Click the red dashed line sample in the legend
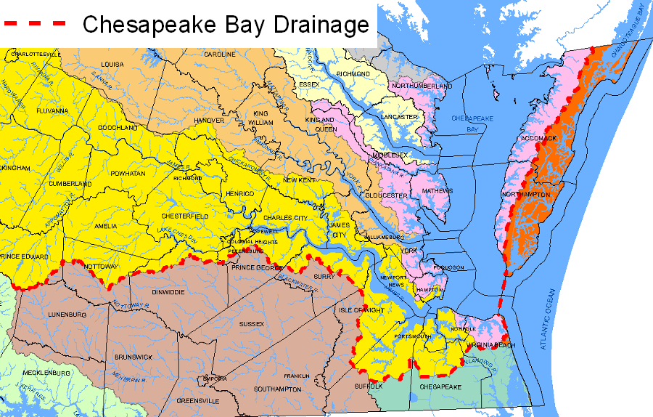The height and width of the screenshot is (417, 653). (35, 23)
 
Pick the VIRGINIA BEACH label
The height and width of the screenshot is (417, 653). (492, 345)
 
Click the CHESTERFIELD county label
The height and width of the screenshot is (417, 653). (184, 216)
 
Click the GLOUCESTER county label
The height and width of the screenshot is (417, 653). (386, 195)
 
